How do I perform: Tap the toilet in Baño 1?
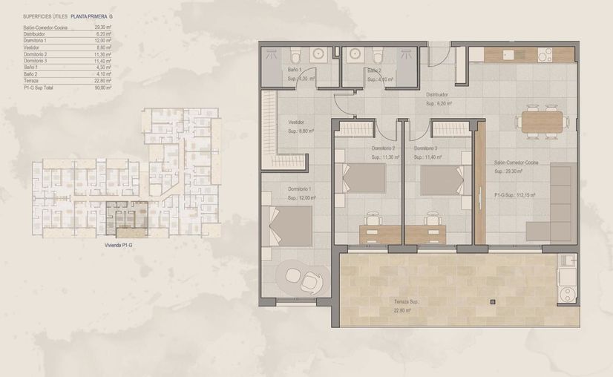(295, 56)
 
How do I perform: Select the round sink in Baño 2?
(353, 55)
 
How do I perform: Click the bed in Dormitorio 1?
(290, 226)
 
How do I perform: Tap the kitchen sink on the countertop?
(509, 54)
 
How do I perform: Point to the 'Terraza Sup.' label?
(406, 303)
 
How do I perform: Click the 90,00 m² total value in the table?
(103, 88)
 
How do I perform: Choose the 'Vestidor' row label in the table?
(31, 47)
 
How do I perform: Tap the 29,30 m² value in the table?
(103, 27)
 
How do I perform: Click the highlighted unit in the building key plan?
(126, 220)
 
